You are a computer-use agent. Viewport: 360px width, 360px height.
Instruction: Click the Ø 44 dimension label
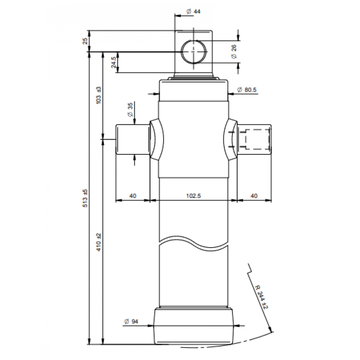[193, 11]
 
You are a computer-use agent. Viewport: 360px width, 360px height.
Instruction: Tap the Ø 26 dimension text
[234, 52]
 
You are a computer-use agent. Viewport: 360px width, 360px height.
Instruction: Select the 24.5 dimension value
[114, 62]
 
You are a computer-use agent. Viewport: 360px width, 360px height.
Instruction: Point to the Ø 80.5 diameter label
[246, 90]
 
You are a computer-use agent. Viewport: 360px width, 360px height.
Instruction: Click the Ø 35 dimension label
[130, 110]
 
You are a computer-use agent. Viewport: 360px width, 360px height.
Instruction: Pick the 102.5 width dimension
[193, 196]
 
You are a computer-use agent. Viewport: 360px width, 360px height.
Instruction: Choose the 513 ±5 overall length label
[85, 198]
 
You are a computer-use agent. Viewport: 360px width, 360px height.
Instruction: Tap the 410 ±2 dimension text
[98, 242]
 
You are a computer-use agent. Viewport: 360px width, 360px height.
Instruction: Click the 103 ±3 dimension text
[98, 95]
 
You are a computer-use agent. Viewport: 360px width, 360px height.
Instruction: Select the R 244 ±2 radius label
[262, 297]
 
